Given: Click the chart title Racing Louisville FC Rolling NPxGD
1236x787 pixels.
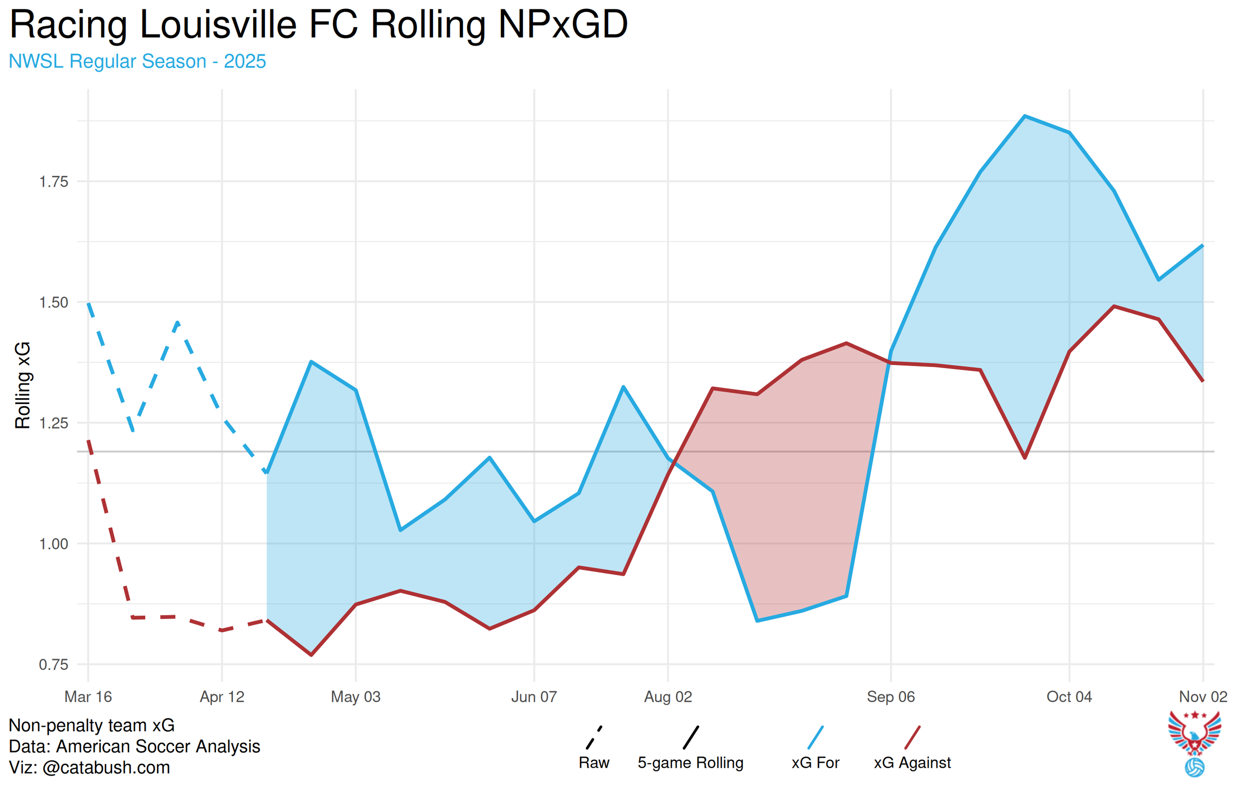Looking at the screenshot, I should [x=318, y=25].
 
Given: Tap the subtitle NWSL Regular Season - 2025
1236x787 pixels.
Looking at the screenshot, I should [x=137, y=62].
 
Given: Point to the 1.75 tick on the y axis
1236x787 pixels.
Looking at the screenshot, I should [x=54, y=182].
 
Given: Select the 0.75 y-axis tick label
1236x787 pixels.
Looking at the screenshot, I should [x=54, y=665].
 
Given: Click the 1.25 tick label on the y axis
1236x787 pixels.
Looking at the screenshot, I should [x=54, y=423].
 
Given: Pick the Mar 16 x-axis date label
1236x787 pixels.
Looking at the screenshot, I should [x=88, y=697].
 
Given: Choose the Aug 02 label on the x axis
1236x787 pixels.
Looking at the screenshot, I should [x=668, y=697].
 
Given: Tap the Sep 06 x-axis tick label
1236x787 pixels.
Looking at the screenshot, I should [x=890, y=697].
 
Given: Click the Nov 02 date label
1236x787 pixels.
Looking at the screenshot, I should [x=1202, y=697].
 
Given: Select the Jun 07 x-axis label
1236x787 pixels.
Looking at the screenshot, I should [x=534, y=697].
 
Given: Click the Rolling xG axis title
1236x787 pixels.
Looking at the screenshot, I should [x=23, y=385].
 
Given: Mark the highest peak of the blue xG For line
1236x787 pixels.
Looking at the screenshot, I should [x=1024, y=117].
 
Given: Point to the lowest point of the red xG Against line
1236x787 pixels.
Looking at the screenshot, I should [x=311, y=655].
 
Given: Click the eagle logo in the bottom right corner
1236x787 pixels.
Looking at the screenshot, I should [x=1194, y=742].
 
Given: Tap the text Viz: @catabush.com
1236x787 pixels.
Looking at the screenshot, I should [x=89, y=768].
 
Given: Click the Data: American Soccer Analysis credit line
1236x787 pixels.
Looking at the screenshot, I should [x=134, y=746].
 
